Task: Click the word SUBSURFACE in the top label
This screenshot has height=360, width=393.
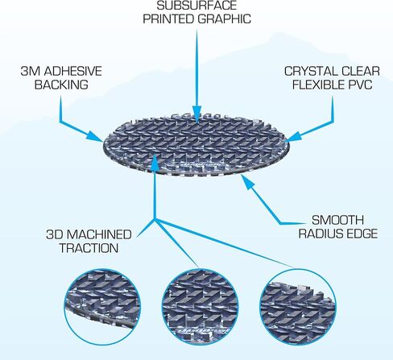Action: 196,6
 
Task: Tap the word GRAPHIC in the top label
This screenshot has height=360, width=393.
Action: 225,19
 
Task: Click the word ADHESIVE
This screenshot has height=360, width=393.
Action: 73,71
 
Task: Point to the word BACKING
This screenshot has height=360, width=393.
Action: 61,85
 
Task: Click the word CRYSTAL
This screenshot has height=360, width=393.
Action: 308,71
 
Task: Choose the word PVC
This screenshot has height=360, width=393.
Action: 361,85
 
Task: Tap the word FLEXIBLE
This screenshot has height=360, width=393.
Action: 319,85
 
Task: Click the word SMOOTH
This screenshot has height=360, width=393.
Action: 337,220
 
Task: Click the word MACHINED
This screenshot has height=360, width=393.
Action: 99,234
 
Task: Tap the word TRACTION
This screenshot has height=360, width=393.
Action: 89,248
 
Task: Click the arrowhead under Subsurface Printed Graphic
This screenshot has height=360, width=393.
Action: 196,114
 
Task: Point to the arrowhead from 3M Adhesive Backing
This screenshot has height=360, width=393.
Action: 94,135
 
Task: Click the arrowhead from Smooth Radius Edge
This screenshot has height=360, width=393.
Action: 248,182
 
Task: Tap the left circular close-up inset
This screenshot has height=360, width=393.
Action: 102,307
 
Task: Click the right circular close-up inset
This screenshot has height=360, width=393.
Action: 298,307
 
